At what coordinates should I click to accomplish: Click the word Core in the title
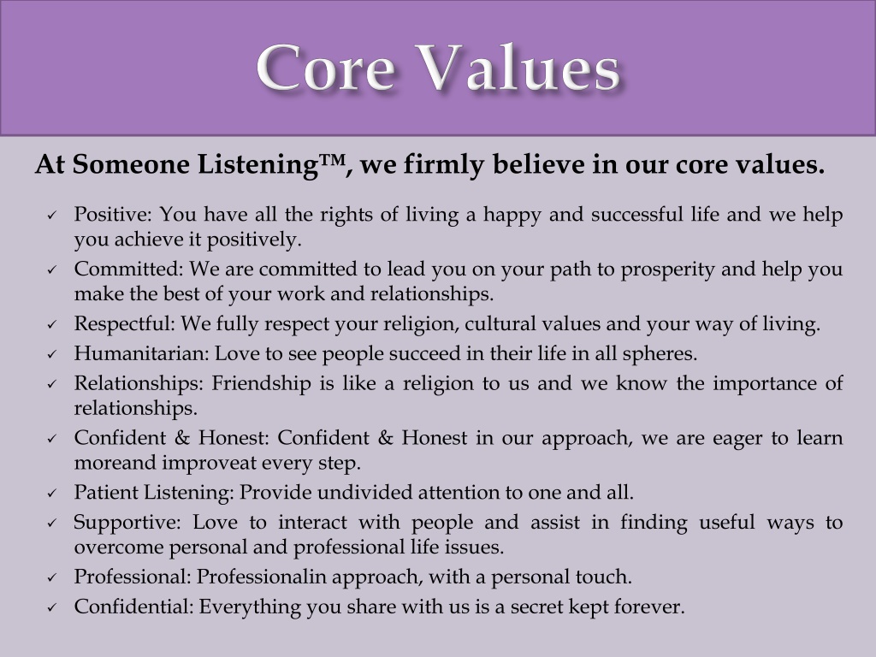pos(326,68)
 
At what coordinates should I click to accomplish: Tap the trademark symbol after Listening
pos(333,159)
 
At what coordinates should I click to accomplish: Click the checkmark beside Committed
pos(52,269)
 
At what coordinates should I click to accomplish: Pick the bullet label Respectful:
pos(125,323)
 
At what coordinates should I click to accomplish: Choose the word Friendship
pos(261,383)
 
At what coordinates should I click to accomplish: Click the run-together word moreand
pos(115,463)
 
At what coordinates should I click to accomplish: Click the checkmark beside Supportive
pos(52,523)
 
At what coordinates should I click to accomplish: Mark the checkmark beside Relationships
pos(52,384)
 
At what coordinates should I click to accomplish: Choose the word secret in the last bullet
pos(536,607)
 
